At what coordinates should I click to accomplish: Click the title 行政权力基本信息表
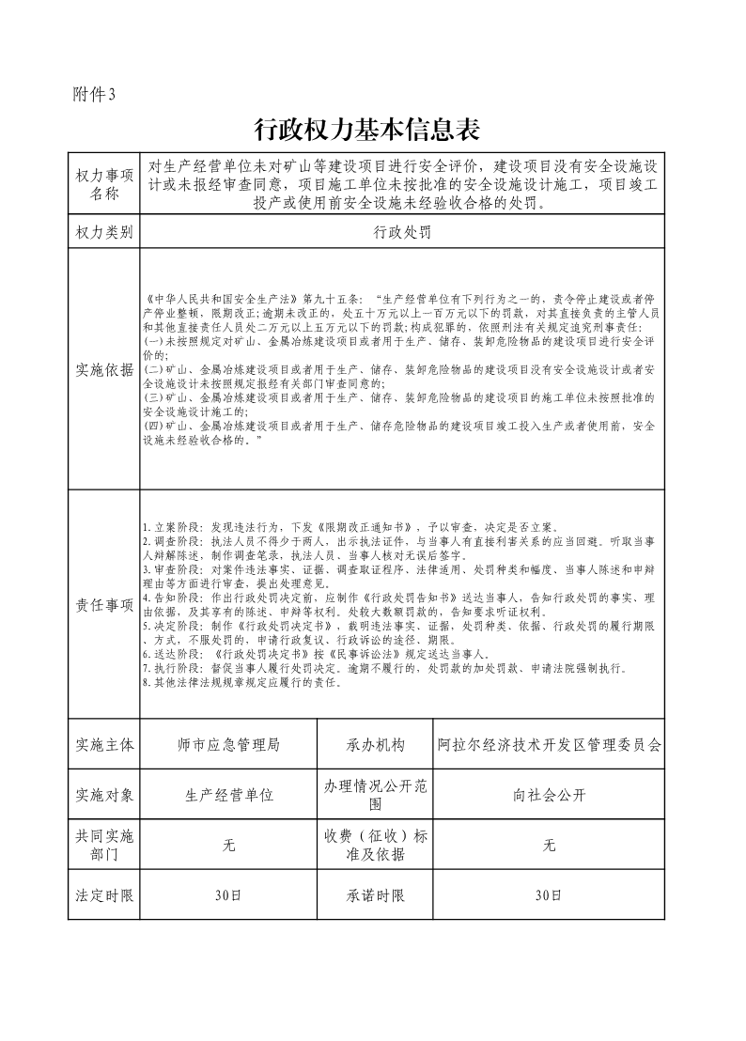[373, 129]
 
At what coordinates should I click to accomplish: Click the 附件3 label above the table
[93, 94]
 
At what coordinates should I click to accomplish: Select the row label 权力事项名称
[103, 185]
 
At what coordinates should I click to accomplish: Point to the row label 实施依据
[103, 369]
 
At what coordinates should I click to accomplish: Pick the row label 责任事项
[103, 605]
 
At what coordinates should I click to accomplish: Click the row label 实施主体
[103, 745]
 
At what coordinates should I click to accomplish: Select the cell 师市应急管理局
[228, 745]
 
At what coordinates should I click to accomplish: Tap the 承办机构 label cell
[375, 745]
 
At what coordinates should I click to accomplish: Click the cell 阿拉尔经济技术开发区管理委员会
[550, 745]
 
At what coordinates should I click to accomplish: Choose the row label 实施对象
[103, 795]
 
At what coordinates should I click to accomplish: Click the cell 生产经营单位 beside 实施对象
[228, 795]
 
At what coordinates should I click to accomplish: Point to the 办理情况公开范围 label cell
[375, 795]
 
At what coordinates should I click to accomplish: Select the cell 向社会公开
[550, 795]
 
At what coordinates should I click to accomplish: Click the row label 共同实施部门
[103, 845]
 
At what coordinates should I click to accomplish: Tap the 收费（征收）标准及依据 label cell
[375, 845]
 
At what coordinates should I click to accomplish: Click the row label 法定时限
[103, 895]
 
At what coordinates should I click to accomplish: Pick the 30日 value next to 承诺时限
[550, 895]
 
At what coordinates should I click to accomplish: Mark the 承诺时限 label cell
[375, 895]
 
